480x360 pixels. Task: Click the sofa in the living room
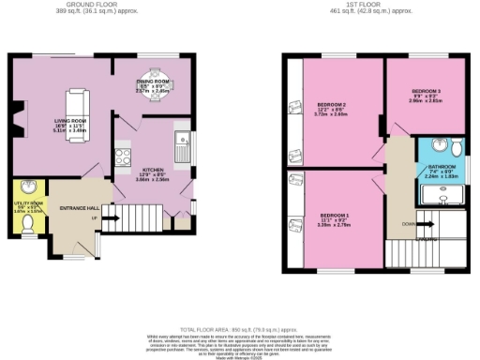click(x=75, y=104)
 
